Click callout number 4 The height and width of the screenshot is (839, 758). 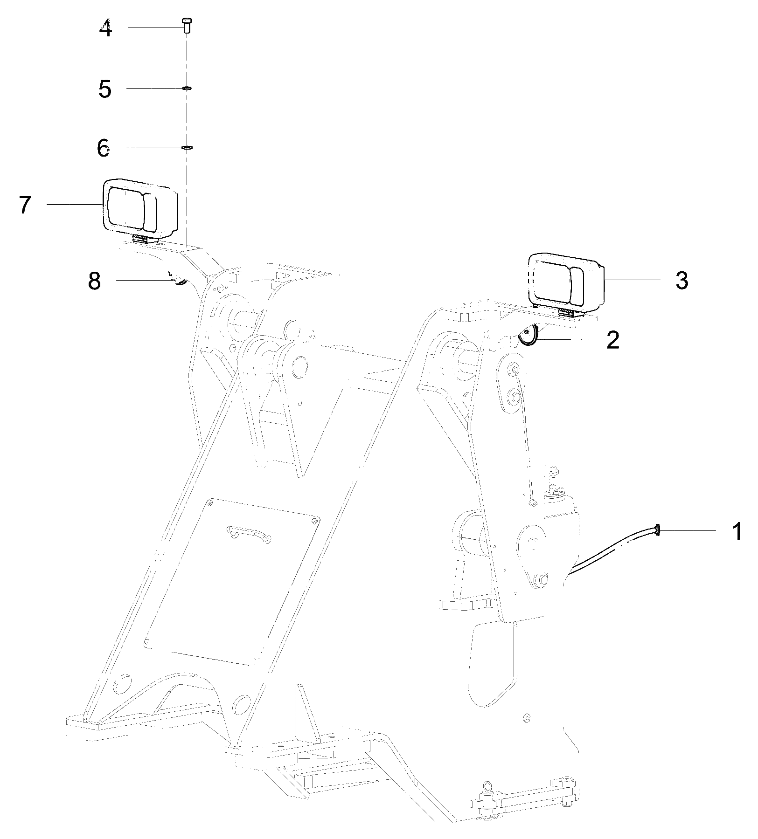pyautogui.click(x=106, y=29)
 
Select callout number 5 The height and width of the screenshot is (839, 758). pyautogui.click(x=105, y=89)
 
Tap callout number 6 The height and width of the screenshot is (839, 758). pyautogui.click(x=104, y=148)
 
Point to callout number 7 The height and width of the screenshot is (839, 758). pyautogui.click(x=25, y=205)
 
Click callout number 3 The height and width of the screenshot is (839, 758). pyautogui.click(x=682, y=281)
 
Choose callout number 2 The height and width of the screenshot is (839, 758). pyautogui.click(x=612, y=341)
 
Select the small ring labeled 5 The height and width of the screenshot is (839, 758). pyautogui.click(x=186, y=88)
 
